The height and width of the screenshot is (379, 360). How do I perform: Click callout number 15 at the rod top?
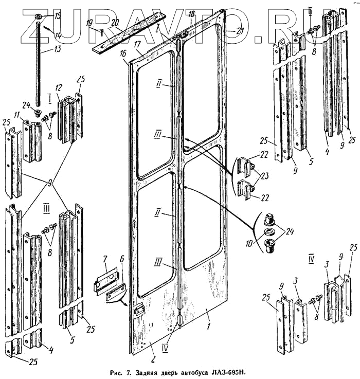(58, 16)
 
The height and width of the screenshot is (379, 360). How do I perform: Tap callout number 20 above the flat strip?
(115, 23)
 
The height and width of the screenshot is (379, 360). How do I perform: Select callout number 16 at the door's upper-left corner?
(124, 53)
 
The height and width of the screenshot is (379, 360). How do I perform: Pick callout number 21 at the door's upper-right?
(239, 31)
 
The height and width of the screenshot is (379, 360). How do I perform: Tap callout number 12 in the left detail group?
(59, 87)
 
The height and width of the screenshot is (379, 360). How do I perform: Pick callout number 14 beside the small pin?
(58, 35)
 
